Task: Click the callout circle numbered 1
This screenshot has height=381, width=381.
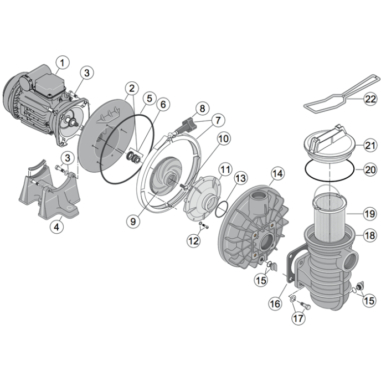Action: (63, 63)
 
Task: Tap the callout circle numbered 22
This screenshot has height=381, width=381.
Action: (370, 99)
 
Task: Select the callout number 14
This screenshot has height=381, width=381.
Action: (278, 173)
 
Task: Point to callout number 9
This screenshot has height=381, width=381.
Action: (133, 221)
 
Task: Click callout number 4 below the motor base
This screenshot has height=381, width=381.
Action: (56, 227)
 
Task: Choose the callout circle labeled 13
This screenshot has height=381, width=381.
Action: (240, 178)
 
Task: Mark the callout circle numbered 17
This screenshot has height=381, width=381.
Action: (298, 318)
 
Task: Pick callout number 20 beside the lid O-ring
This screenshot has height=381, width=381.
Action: (370, 169)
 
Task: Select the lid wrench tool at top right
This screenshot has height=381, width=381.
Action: (342, 94)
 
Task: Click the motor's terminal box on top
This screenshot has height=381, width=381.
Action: (50, 83)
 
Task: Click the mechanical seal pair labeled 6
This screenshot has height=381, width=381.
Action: (134, 157)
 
